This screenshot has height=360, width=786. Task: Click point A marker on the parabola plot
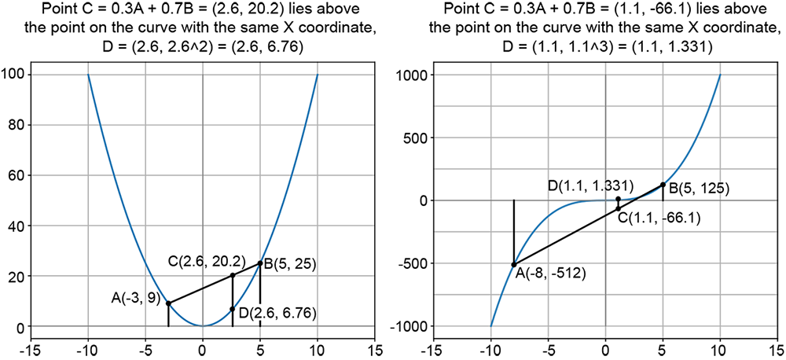tap(168, 303)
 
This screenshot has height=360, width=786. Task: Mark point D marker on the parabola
tap(233, 309)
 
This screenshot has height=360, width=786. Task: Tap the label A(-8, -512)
tap(549, 274)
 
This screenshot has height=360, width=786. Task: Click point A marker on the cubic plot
tap(514, 265)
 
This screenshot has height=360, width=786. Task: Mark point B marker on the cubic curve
tap(663, 185)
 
